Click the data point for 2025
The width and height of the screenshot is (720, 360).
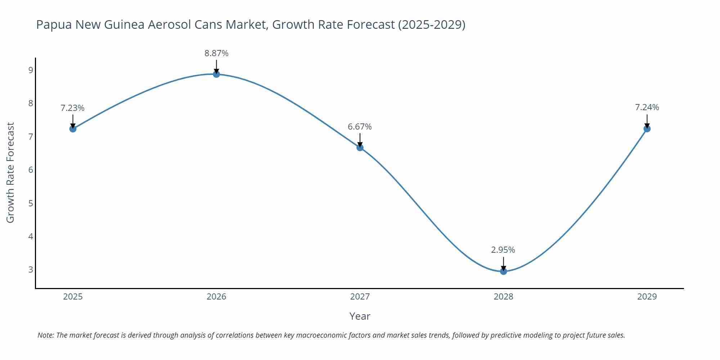[x=73, y=129]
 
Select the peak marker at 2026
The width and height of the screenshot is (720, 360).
[x=216, y=74]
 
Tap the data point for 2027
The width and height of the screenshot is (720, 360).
[x=360, y=147]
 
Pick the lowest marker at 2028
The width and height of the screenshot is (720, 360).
[x=503, y=271]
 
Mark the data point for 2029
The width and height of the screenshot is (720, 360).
[x=647, y=129]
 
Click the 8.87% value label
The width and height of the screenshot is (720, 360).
[x=216, y=53]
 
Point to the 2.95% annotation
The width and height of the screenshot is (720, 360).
[x=503, y=250]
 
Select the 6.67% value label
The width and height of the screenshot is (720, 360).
[x=360, y=127]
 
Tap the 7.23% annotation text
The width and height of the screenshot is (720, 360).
[x=72, y=108]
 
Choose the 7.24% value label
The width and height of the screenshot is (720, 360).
[x=647, y=107]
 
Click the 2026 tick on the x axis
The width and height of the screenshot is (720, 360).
[x=216, y=297]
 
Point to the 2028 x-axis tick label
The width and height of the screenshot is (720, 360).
[x=503, y=297]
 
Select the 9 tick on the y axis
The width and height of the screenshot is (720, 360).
[x=31, y=70]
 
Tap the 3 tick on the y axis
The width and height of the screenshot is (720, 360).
[x=31, y=270]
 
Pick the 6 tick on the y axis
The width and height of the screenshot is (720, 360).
[x=31, y=170]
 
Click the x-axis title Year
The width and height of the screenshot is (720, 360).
[x=360, y=316]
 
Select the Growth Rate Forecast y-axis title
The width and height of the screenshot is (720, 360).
[x=10, y=172]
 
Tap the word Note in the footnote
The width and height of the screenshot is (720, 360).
[x=45, y=335]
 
